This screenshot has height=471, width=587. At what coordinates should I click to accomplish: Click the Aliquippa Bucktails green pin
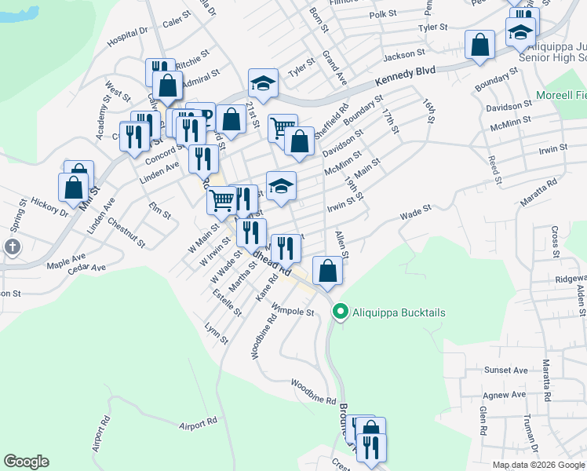(x=340, y=312)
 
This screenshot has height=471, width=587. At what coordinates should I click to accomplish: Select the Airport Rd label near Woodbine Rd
(x=198, y=425)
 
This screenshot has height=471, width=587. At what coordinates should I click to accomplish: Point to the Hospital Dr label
(x=128, y=35)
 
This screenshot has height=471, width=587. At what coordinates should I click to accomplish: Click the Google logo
(x=26, y=462)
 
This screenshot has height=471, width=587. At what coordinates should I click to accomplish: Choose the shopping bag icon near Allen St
(x=326, y=271)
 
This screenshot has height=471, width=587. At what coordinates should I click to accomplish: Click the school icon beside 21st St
(x=263, y=83)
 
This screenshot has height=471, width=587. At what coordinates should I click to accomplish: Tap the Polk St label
(x=383, y=14)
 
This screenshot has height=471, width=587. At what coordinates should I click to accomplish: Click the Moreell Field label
(x=560, y=96)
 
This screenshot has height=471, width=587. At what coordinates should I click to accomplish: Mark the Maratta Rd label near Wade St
(x=538, y=195)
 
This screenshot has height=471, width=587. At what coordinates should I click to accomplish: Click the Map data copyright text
(x=538, y=465)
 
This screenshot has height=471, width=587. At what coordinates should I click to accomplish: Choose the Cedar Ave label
(x=86, y=268)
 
